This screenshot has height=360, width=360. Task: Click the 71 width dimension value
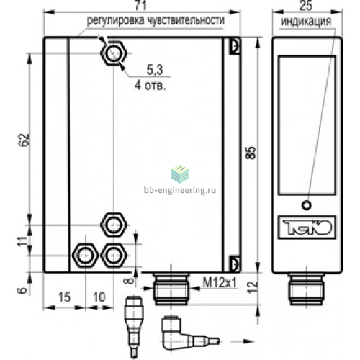pyautogui.click(x=140, y=5)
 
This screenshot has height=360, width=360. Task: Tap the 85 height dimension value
pyautogui.click(x=251, y=153)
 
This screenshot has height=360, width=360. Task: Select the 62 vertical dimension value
pyautogui.click(x=24, y=140)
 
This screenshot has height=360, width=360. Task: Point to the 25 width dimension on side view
pyautogui.click(x=306, y=5)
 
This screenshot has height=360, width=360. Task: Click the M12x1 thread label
pyautogui.click(x=220, y=282)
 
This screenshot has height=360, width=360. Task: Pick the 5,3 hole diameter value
pyautogui.click(x=155, y=70)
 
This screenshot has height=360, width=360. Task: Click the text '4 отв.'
pyautogui.click(x=150, y=85)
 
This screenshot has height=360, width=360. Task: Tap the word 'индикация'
pyautogui.click(x=306, y=22)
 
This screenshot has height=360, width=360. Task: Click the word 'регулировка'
pyautogui.click(x=116, y=20)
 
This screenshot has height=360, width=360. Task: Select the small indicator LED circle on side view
pyautogui.click(x=307, y=205)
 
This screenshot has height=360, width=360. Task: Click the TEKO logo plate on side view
pyautogui.click(x=307, y=228)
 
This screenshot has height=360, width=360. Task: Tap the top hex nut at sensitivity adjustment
pyautogui.click(x=113, y=53)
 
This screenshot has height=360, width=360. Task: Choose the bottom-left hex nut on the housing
pyautogui.click(x=85, y=255)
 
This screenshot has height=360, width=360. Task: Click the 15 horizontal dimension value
pyautogui.click(x=64, y=297)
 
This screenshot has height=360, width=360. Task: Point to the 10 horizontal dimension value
pyautogui.click(x=99, y=297)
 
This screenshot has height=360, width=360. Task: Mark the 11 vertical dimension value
pyautogui.click(x=22, y=241)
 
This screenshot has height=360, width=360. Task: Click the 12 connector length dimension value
pyautogui.click(x=252, y=287)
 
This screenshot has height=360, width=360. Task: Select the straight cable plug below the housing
pyautogui.click(x=134, y=328)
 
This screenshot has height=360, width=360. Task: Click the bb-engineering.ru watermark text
pyautogui.click(x=180, y=190)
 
